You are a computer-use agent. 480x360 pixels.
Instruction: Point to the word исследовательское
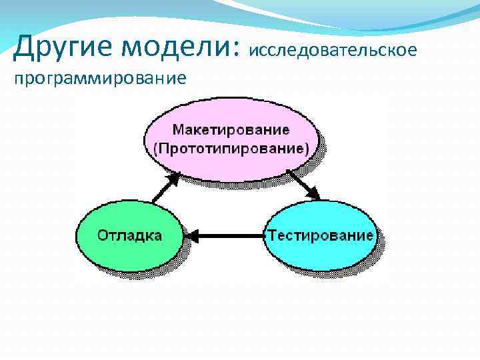pos(334,51)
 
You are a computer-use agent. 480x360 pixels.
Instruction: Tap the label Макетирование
pos(231,129)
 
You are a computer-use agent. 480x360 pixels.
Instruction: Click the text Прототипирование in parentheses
pos(233,147)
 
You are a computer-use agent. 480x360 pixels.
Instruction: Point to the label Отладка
pos(130,235)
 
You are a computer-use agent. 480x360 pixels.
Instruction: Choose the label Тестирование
pos(320,235)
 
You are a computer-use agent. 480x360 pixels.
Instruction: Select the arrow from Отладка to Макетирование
pos(164,187)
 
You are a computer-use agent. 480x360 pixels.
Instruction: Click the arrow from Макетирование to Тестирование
pos(304,184)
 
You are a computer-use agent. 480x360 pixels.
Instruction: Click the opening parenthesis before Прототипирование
pos(156,148)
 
